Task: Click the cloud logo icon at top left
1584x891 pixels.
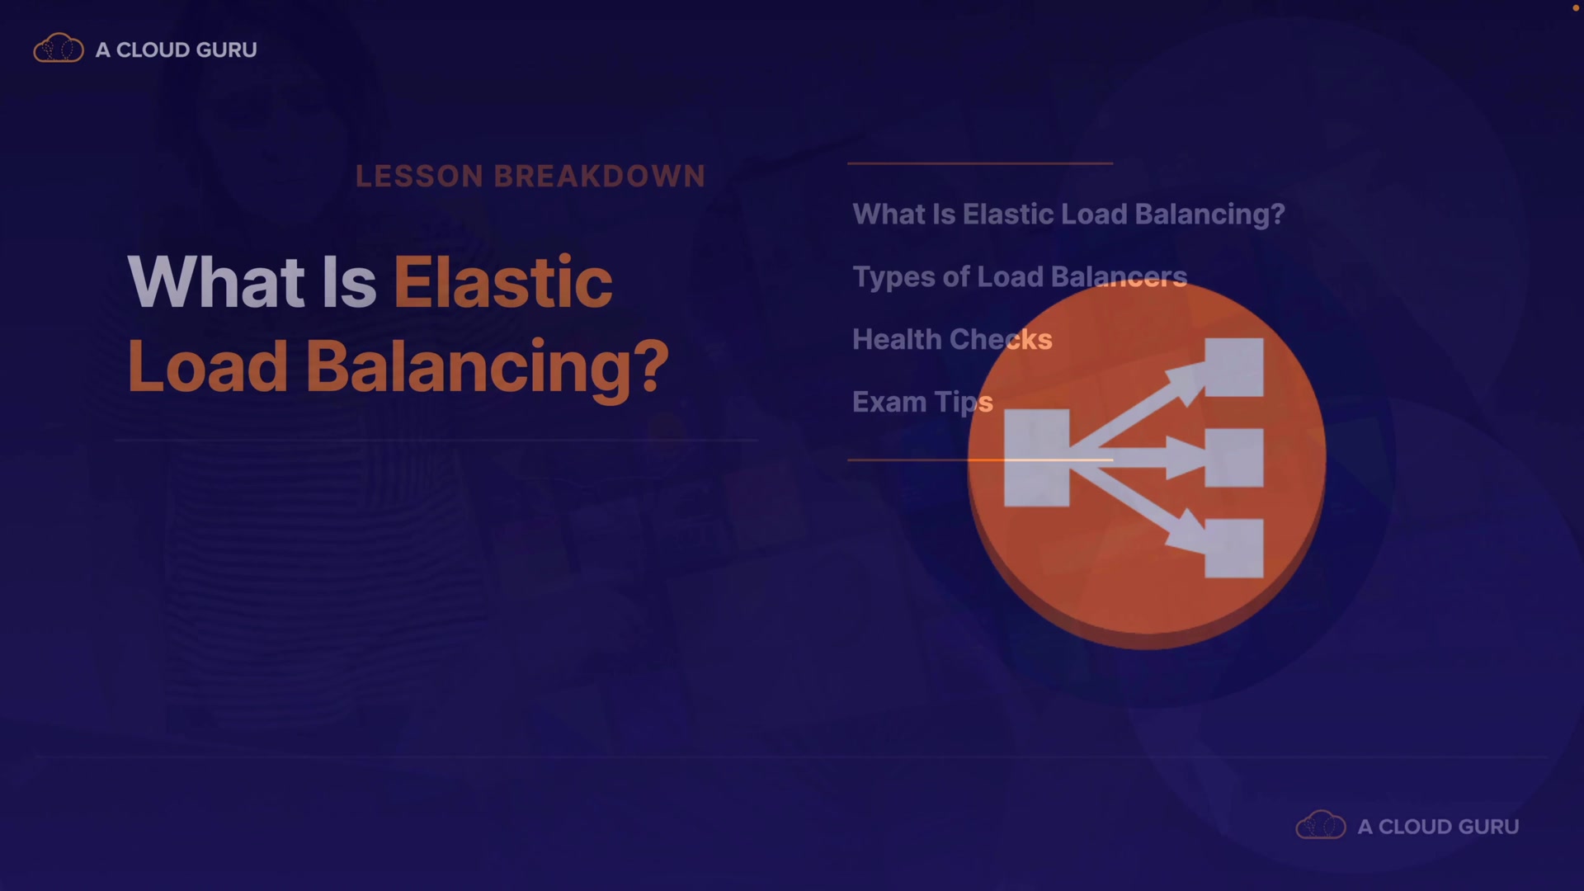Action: [x=59, y=49]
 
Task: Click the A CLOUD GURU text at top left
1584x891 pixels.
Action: [x=177, y=49]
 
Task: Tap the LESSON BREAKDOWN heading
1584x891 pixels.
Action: [x=530, y=176]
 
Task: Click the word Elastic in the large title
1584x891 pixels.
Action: [x=503, y=282]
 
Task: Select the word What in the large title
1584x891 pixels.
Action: [x=217, y=282]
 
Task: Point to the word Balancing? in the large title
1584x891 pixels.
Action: [x=488, y=368]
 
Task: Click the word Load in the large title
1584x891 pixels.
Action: [x=208, y=366]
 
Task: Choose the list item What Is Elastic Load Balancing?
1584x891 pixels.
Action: [x=1068, y=214]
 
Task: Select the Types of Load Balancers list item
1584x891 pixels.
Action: [x=1020, y=277]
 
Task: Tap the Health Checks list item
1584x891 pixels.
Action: [x=952, y=339]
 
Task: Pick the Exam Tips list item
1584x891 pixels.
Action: [x=922, y=403]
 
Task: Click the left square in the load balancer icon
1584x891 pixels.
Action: [x=1036, y=458]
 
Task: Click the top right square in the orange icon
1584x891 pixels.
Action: [x=1234, y=367]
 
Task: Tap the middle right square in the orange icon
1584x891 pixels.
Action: [x=1234, y=458]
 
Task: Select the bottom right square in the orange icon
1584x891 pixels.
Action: [x=1234, y=548]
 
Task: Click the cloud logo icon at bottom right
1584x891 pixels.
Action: [x=1321, y=825]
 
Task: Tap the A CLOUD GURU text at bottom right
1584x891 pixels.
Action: [x=1438, y=827]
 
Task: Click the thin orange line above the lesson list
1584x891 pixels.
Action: [x=980, y=163]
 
